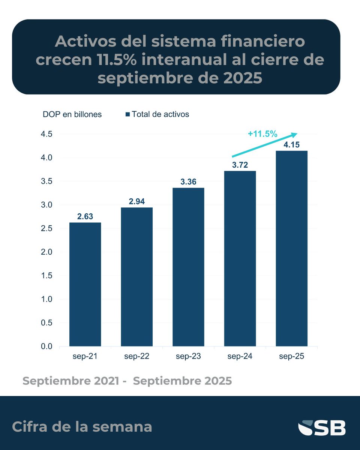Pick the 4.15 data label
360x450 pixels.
(x=291, y=145)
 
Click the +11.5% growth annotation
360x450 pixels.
(x=262, y=133)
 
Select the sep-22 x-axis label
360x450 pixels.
(x=137, y=357)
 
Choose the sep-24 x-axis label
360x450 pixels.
(x=240, y=357)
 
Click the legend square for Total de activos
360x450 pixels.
(x=127, y=114)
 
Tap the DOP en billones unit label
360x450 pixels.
(x=72, y=114)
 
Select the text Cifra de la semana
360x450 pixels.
(x=82, y=427)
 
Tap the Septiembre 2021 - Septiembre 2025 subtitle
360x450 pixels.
(x=127, y=381)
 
